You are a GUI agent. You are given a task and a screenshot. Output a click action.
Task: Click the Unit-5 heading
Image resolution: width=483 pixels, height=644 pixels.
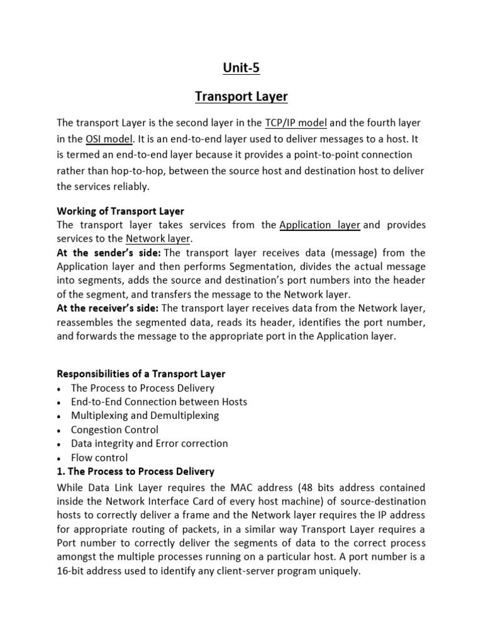click(x=241, y=68)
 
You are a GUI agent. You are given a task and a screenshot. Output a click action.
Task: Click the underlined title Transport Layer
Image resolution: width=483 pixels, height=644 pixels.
click(x=241, y=97)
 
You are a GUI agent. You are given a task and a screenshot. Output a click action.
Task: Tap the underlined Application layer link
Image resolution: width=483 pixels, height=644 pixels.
click(x=319, y=225)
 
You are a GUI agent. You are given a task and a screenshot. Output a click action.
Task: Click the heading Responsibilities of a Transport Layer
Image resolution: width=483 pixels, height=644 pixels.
click(x=141, y=374)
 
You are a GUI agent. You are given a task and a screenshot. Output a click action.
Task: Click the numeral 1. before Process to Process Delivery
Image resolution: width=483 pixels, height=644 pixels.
click(x=60, y=471)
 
